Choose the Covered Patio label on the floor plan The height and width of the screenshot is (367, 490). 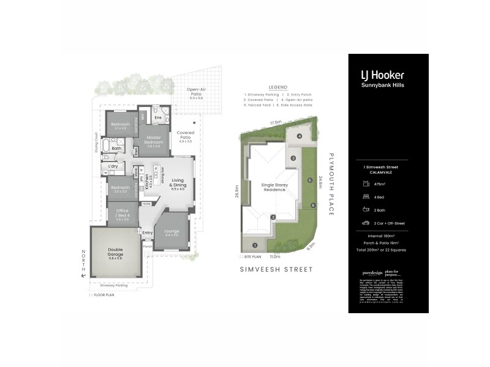pyautogui.click(x=185, y=135)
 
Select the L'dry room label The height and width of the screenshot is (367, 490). pyautogui.click(x=113, y=166)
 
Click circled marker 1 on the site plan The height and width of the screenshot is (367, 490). pyautogui.click(x=254, y=245)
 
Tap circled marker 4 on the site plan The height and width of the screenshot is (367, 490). pyautogui.click(x=300, y=136)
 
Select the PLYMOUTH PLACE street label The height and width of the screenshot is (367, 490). pyautogui.click(x=331, y=184)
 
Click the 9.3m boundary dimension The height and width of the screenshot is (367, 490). pyautogui.click(x=312, y=246)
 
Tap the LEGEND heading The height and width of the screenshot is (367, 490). pyautogui.click(x=277, y=87)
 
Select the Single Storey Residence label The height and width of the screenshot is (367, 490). pyautogui.click(x=274, y=187)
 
